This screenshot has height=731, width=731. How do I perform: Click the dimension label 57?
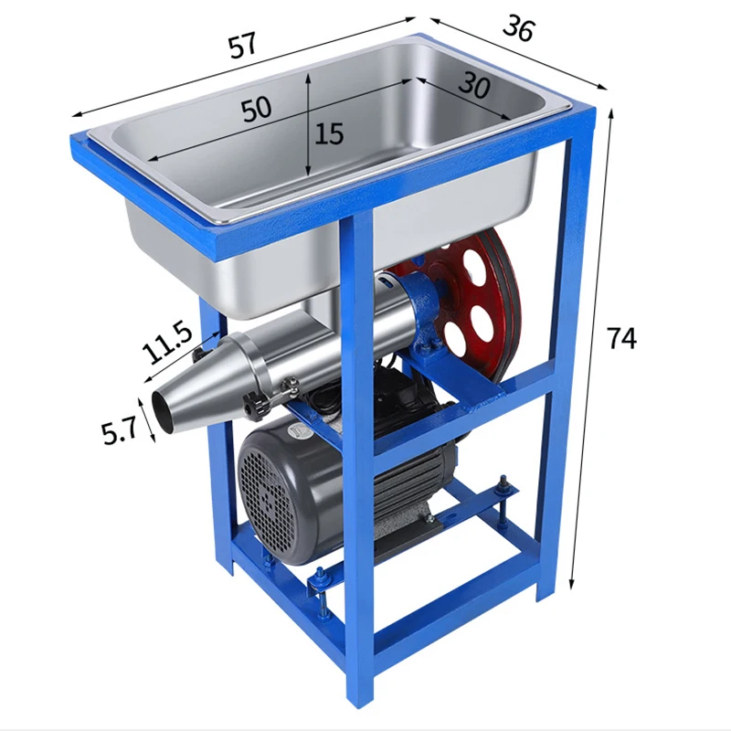coord(242,45)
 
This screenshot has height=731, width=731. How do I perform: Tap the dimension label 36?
coord(518,28)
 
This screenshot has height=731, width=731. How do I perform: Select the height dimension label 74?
coord(621,338)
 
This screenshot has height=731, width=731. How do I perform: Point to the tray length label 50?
coord(257,108)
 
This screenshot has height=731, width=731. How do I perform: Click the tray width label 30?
coord(474,86)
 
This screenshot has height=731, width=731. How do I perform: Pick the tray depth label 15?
coord(329,133)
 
